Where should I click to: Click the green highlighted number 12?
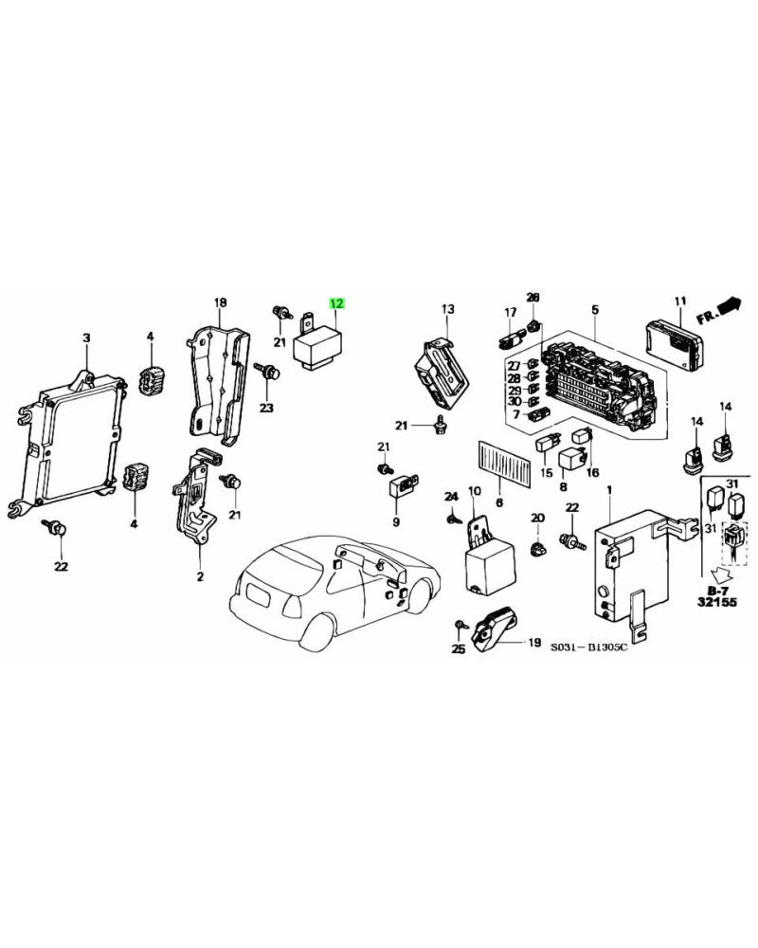pos(337,303)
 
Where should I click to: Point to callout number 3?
pos(86,337)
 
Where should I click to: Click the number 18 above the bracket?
pos(220,303)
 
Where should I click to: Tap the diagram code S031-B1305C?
pos(591,649)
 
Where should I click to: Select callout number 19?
pos(531,642)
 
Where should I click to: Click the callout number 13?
pos(447,309)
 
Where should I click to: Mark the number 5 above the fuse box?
pos(594,309)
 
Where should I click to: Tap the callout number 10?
pos(474,490)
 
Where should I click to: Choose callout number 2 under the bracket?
pos(200,575)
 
